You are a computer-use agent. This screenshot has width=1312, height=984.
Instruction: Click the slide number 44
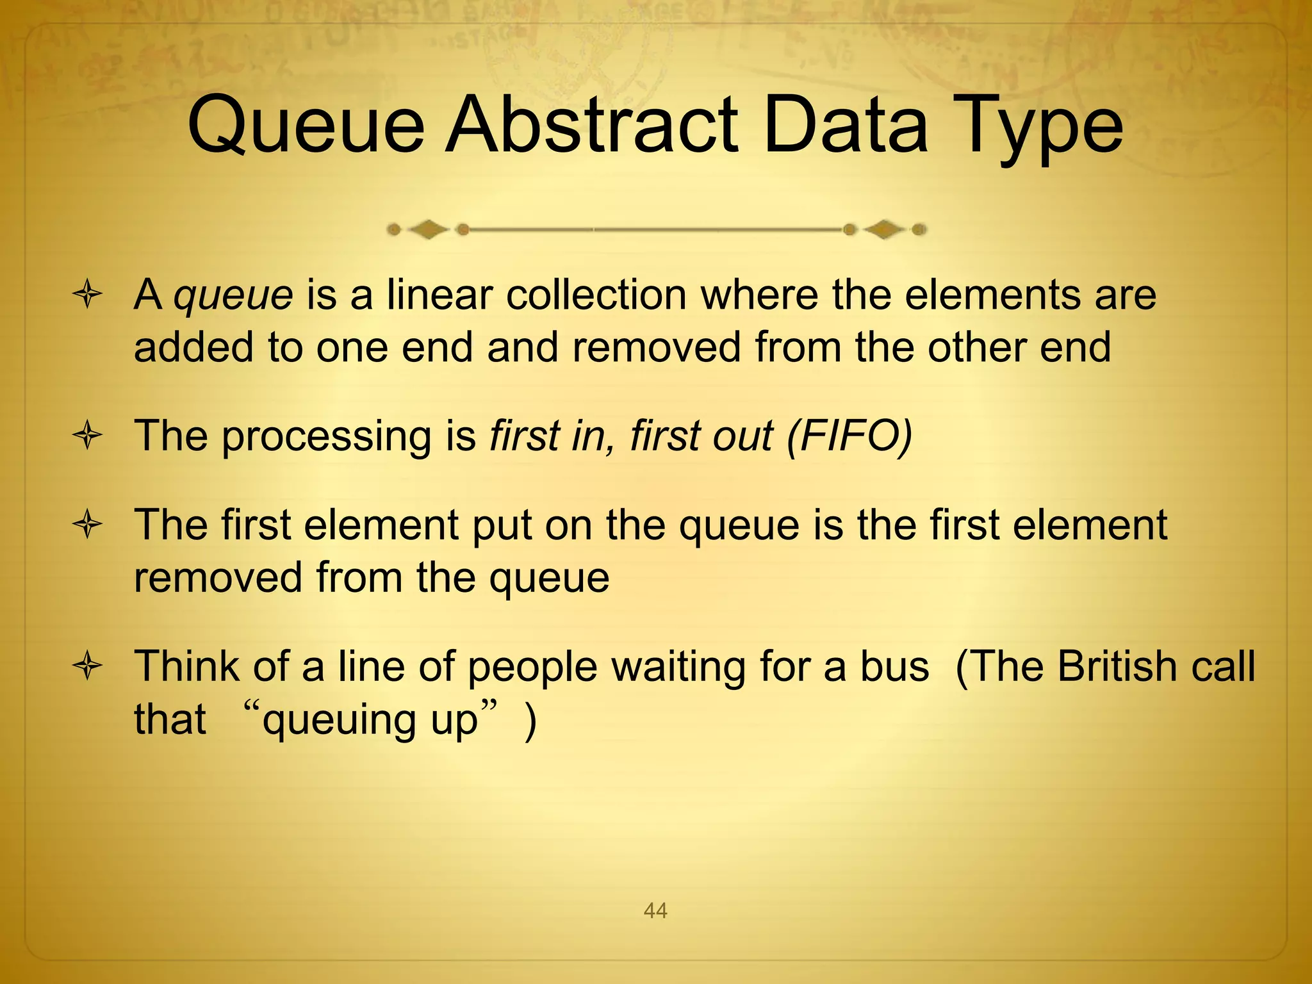[x=655, y=910]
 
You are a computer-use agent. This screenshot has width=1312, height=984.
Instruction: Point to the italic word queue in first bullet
[x=234, y=296]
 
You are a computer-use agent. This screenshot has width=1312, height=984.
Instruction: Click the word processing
[x=327, y=437]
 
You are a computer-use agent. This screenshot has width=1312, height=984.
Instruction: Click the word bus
[x=894, y=666]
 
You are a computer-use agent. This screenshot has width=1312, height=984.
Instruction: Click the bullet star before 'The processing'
[x=88, y=437]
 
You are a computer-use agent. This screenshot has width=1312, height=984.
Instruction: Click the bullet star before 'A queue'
[x=88, y=296]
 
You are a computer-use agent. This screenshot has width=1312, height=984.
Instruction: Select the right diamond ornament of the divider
[x=884, y=229]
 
